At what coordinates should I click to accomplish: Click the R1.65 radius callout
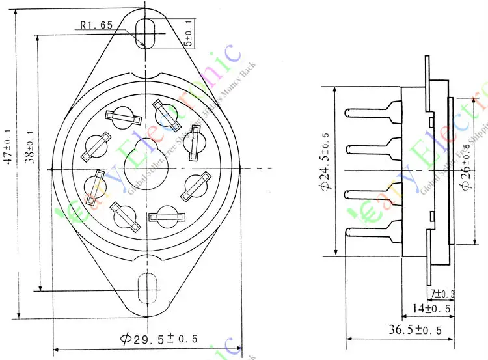tap(97, 25)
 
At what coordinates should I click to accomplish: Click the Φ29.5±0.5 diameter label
tap(159, 339)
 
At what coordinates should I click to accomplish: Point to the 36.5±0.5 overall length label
tap(415, 331)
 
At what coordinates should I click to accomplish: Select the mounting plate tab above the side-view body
tap(427, 72)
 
